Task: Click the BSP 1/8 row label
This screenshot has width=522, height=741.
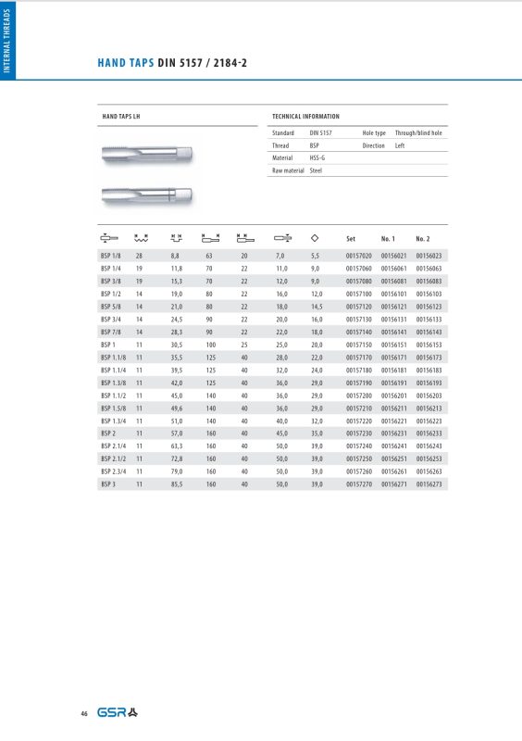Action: coord(111,255)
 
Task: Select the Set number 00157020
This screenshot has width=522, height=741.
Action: coord(358,255)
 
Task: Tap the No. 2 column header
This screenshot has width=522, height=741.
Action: coord(424,238)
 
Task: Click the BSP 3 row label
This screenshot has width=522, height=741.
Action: coord(108,483)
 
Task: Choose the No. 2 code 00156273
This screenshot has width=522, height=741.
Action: coord(429,483)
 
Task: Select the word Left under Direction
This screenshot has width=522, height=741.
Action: coord(401,145)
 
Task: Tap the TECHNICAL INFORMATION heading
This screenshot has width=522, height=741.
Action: coord(305,117)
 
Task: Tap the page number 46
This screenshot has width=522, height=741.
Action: coord(84,713)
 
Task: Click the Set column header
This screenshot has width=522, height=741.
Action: coord(351,238)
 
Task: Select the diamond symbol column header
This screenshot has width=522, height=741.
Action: coord(316,237)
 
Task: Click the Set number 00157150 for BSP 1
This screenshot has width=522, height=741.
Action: coord(358,344)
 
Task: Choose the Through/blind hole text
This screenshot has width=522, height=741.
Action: coord(418,133)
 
